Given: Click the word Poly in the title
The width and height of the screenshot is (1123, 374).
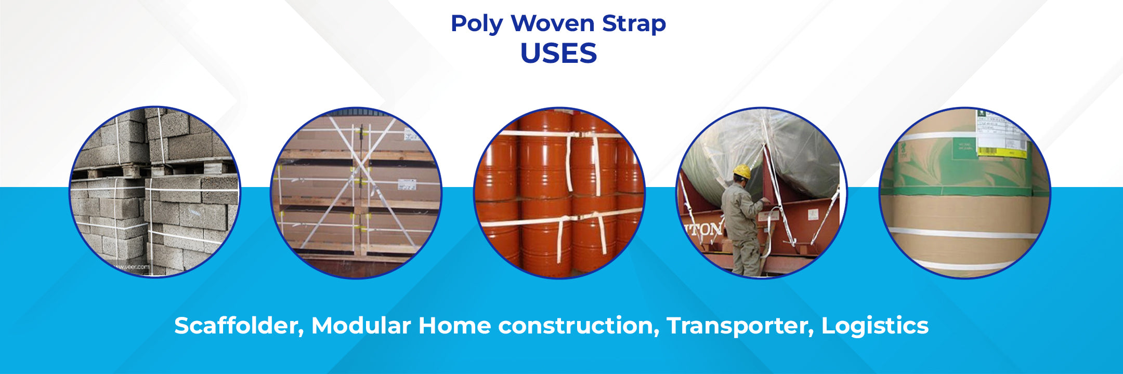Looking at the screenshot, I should [x=476, y=24].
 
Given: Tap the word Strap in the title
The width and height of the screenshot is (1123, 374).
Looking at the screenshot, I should [x=634, y=24].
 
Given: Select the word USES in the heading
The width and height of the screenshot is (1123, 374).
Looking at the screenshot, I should [x=558, y=53].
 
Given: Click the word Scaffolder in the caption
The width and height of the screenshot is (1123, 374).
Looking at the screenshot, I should [x=239, y=326].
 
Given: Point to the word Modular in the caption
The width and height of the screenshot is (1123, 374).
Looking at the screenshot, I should [x=361, y=326].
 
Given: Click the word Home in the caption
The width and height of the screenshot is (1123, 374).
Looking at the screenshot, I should [x=454, y=326].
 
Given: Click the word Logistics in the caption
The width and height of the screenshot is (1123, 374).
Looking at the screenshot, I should [x=874, y=326].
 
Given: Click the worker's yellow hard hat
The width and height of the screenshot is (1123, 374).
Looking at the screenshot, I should [x=742, y=171].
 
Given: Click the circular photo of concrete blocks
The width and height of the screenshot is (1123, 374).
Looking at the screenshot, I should [x=155, y=192].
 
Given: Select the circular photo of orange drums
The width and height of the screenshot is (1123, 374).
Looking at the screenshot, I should [x=559, y=192].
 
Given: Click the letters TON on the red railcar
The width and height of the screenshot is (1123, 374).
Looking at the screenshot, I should [x=705, y=229].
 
